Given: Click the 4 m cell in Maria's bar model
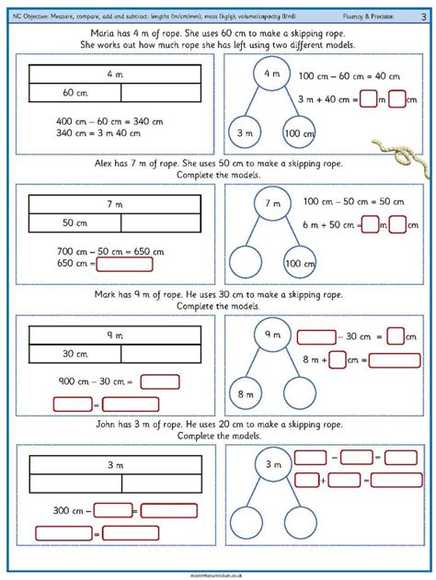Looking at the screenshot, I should (x=115, y=73).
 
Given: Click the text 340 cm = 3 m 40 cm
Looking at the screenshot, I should (x=87, y=134).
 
